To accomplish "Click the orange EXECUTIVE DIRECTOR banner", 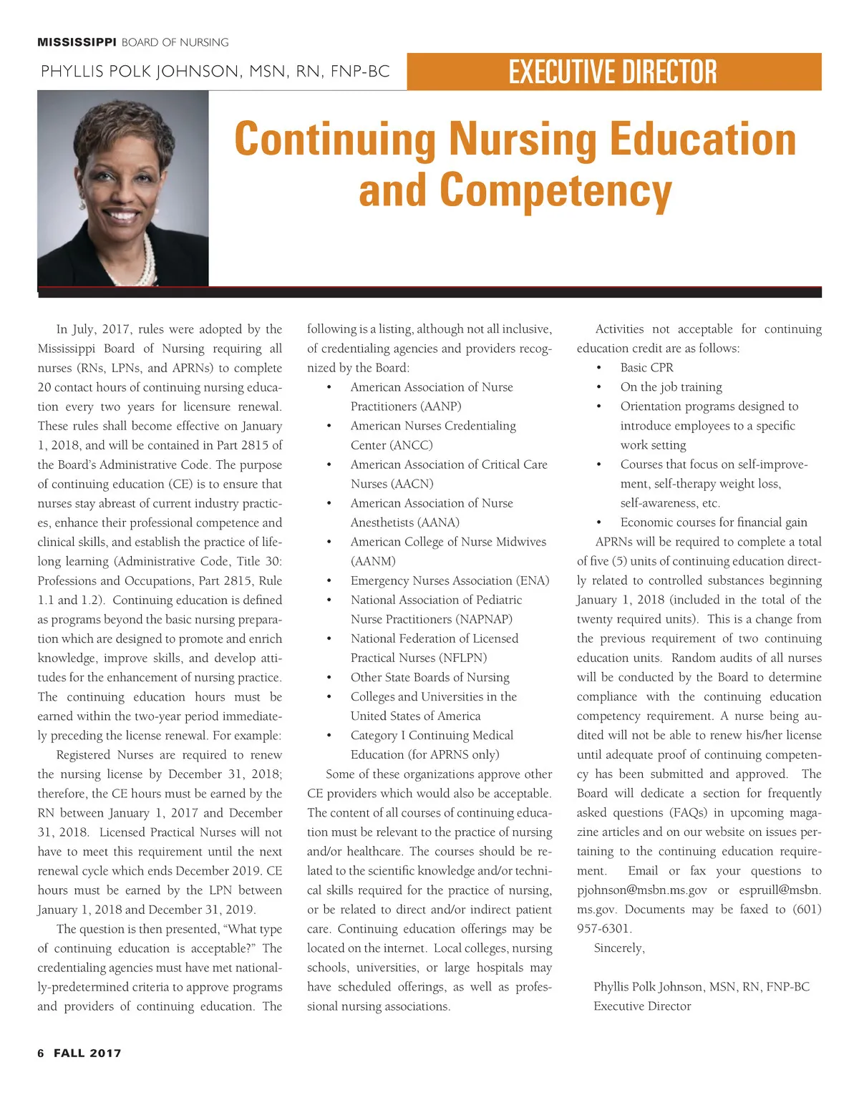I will pyautogui.click(x=613, y=72).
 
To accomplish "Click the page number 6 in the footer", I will pyautogui.click(x=41, y=1053).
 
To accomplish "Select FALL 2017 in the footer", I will pyautogui.click(x=87, y=1053).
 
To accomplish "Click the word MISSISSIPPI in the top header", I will pyautogui.click(x=77, y=42).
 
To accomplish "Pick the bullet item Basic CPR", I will pyautogui.click(x=646, y=368).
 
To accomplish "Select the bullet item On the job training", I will pyautogui.click(x=671, y=387).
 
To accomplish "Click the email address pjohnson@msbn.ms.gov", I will pyautogui.click(x=642, y=890).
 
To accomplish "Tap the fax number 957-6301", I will pyautogui.click(x=603, y=929).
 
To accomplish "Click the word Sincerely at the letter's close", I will pyautogui.click(x=619, y=948).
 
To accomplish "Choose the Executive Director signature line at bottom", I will pyautogui.click(x=642, y=1006).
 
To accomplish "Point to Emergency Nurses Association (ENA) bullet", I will pyautogui.click(x=450, y=580).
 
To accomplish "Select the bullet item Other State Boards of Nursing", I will pyautogui.click(x=429, y=677).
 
